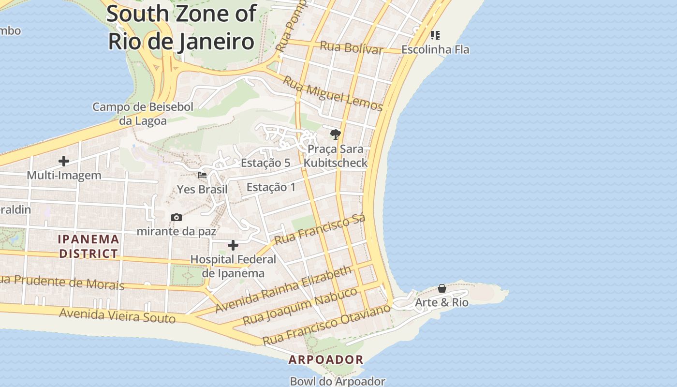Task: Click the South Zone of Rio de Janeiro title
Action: (181, 28)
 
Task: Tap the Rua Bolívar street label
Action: (352, 47)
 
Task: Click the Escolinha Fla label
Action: (435, 49)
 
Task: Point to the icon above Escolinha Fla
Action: (435, 35)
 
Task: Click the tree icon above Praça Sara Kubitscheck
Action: (335, 134)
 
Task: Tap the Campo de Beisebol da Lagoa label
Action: (143, 114)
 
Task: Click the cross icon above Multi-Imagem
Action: (64, 161)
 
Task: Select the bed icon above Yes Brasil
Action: (202, 175)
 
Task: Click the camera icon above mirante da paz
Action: (177, 218)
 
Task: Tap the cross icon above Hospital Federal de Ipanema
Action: (233, 245)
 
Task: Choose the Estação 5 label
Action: (265, 163)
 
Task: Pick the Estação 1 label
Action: (271, 187)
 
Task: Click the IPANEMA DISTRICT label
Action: (88, 246)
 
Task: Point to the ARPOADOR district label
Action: (326, 359)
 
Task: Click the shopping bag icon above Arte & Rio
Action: (442, 289)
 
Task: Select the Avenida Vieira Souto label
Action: (117, 316)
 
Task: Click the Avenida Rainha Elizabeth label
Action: (283, 289)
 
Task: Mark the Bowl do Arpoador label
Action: (338, 381)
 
